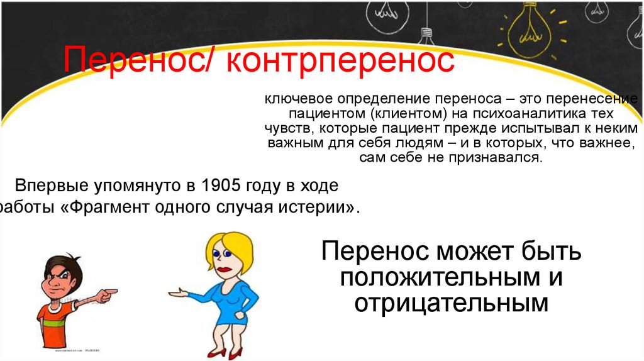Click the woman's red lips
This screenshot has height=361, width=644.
(x=225, y=269)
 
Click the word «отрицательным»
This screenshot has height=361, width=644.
(x=451, y=304)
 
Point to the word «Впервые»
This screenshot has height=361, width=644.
(x=52, y=186)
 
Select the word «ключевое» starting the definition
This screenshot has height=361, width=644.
(x=299, y=99)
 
